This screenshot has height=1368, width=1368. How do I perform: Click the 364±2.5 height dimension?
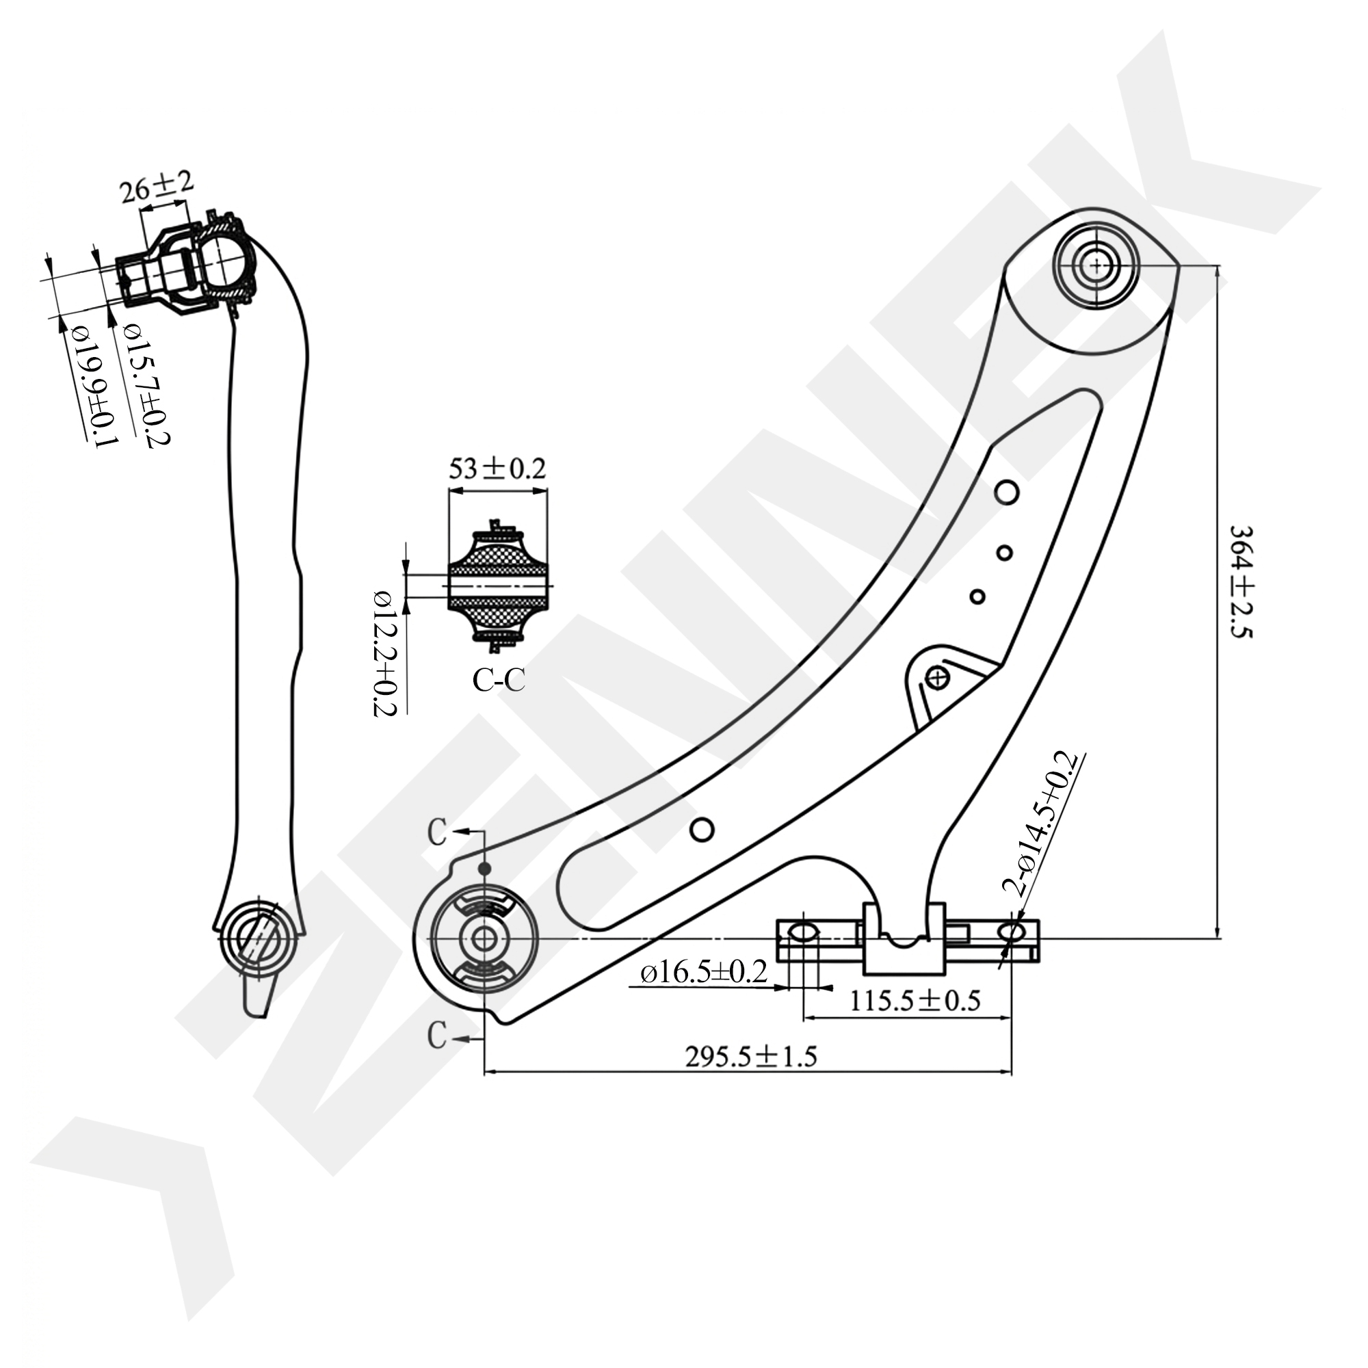[x=1241, y=581]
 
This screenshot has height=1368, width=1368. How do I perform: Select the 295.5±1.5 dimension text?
[x=750, y=1057]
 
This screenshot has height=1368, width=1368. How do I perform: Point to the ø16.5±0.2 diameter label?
[x=704, y=972]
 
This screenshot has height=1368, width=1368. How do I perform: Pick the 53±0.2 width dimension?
[x=497, y=469]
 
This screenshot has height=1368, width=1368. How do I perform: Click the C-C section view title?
[x=499, y=681]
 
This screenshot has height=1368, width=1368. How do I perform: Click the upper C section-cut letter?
[x=437, y=833]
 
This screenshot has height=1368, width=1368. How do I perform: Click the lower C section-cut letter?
[x=437, y=1036]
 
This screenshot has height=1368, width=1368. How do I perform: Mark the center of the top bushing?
[x=1096, y=266]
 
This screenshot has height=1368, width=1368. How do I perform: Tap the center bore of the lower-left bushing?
[x=484, y=940]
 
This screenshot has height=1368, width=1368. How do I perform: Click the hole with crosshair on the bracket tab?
[x=938, y=679]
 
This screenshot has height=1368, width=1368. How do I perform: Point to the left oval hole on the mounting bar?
[x=802, y=932]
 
